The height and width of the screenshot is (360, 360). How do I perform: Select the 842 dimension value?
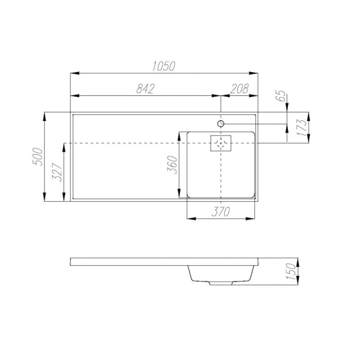click(x=144, y=89)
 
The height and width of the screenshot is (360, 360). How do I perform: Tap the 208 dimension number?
click(x=240, y=89)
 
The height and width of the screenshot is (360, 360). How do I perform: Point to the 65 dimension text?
click(x=282, y=96)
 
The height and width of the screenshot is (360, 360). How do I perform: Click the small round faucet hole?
click(x=221, y=123)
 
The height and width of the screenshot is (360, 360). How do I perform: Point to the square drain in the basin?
click(x=221, y=143)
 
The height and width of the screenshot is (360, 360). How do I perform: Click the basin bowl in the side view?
click(x=220, y=273)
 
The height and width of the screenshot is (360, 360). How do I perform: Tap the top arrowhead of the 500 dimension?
click(x=45, y=115)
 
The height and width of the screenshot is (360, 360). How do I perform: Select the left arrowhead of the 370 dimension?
click(x=188, y=218)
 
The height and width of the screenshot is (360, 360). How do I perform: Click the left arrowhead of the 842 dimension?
click(x=74, y=95)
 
